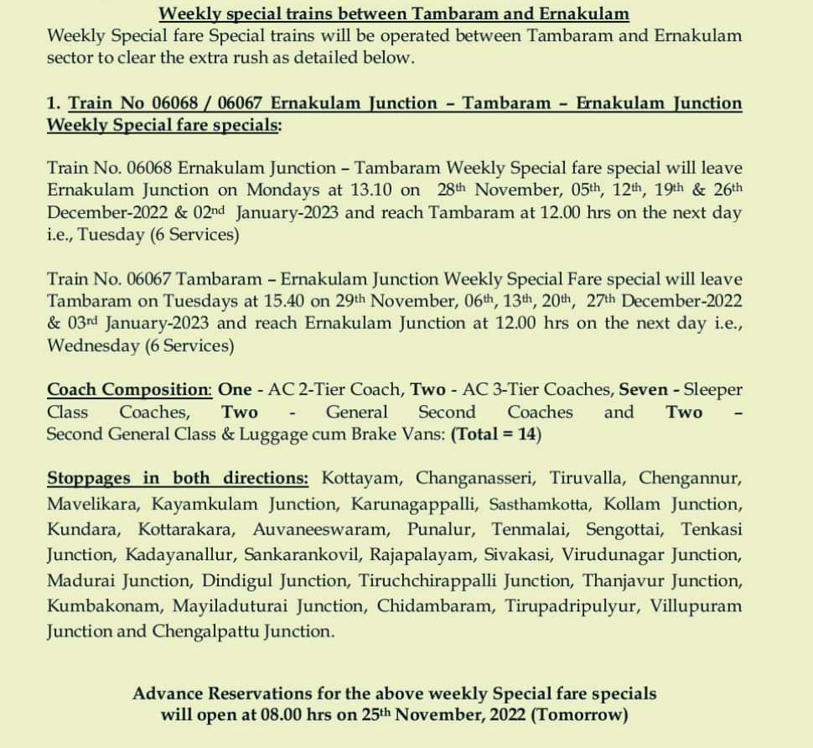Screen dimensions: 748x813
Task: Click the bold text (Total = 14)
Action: pyautogui.click(x=496, y=434)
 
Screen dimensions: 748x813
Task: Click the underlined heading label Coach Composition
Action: pyautogui.click(x=128, y=390)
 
